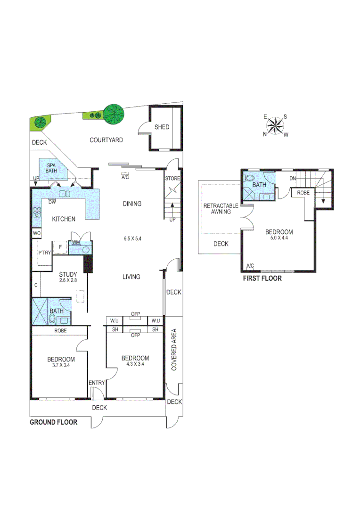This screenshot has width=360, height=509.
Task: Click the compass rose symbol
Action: click(275, 125)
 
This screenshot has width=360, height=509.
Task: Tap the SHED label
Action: click(162, 127)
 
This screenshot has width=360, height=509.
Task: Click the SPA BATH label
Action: click(51, 168)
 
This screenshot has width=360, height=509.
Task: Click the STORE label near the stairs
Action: click(172, 178)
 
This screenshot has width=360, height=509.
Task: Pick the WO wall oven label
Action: click(36, 233)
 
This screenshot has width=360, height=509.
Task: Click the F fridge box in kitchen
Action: click(60, 247)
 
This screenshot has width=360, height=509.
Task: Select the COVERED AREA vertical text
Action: click(174, 349)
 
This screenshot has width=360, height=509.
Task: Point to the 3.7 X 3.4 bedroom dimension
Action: click(60, 366)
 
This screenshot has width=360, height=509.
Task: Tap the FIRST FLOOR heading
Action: click(262, 279)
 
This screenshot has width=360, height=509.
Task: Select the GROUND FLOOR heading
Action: click(53, 422)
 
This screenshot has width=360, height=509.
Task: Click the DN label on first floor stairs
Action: click(293, 179)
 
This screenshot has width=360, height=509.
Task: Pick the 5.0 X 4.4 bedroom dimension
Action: click(278, 238)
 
